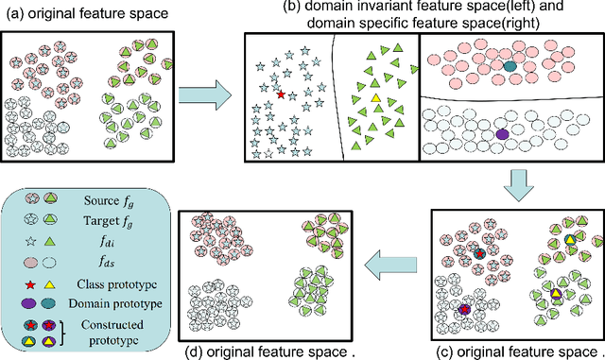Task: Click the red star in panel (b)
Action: pyautogui.click(x=280, y=94)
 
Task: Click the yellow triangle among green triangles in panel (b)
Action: pyautogui.click(x=375, y=97)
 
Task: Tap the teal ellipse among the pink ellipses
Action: pyautogui.click(x=510, y=67)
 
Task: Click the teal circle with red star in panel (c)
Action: pyautogui.click(x=480, y=255)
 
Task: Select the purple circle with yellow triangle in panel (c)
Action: pyautogui.click(x=557, y=297)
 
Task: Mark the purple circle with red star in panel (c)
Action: pyautogui.click(x=464, y=309)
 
